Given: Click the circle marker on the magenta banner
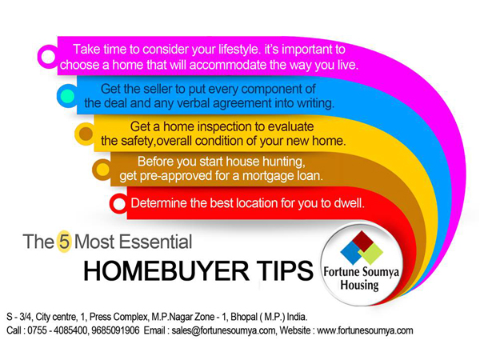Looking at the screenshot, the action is point(48,57).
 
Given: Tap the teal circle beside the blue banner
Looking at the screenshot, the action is point(68,96).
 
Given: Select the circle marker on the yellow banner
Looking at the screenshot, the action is point(86,134).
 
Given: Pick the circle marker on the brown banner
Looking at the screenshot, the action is point(103,170).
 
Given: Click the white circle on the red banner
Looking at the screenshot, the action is point(119,203).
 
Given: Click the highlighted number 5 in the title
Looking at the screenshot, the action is point(65,242).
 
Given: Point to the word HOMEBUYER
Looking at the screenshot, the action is point(166,271).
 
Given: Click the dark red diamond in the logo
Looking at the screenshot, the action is point(362,242).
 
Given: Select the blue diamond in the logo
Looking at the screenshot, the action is point(351,253).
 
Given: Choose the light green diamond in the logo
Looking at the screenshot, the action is point(371,254).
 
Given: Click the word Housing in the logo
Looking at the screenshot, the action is point(360,286).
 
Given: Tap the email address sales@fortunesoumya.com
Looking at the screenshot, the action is point(224,330).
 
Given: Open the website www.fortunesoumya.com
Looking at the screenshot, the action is point(365,330).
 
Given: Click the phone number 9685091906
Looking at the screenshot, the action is point(115,330).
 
